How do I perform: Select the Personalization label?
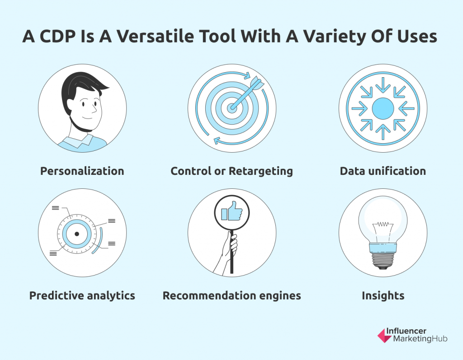(x=82, y=171)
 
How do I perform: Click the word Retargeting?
(x=261, y=171)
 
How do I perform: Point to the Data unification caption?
(x=383, y=171)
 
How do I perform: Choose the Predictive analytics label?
(x=82, y=295)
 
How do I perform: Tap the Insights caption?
(x=383, y=296)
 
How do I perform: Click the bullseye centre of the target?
(x=232, y=108)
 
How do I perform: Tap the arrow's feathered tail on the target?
(x=257, y=82)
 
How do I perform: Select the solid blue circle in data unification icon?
(x=383, y=108)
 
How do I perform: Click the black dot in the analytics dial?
(x=77, y=234)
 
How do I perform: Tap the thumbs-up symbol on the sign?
(x=232, y=211)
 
